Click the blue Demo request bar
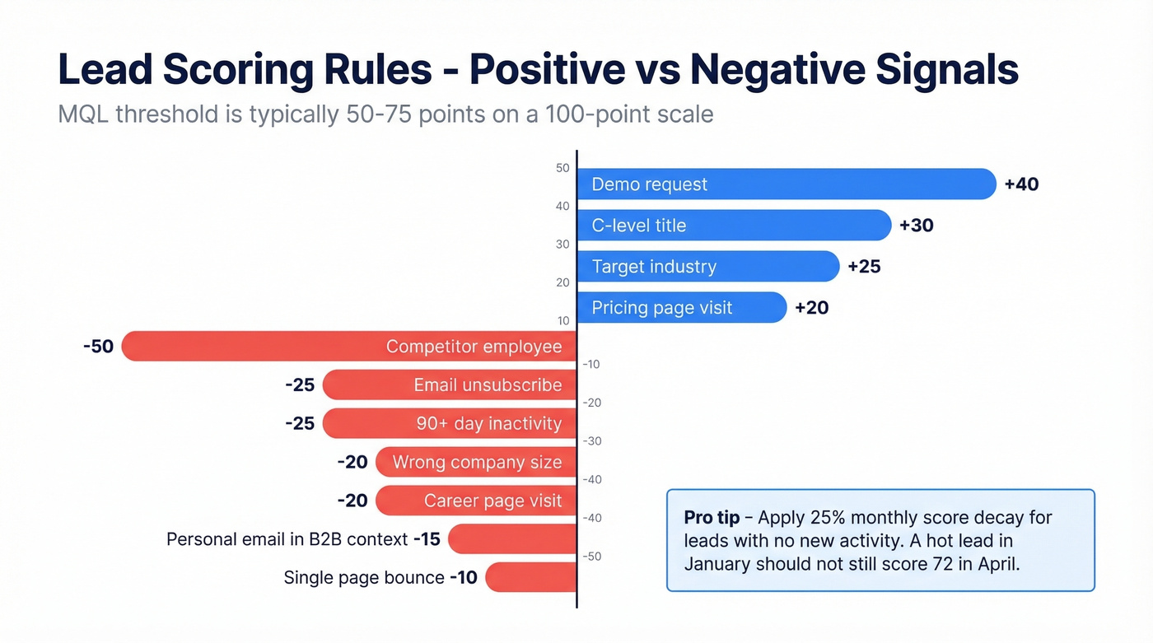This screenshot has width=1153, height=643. click(787, 184)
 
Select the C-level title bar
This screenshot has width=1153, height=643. click(733, 226)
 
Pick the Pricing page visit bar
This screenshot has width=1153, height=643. click(681, 308)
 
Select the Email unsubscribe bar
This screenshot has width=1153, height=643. click(449, 384)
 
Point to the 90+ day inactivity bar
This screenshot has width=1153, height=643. click(449, 423)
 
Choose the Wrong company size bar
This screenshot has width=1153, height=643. click(475, 462)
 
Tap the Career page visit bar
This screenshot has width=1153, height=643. click(475, 501)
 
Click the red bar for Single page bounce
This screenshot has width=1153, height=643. click(530, 577)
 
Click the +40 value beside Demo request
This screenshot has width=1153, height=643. click(1021, 184)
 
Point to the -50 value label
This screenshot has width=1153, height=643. click(98, 347)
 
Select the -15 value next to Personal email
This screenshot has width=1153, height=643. click(427, 539)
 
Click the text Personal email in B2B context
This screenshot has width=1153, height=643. click(287, 539)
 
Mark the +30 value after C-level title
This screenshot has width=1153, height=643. click(916, 226)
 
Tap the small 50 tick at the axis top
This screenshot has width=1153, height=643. click(562, 168)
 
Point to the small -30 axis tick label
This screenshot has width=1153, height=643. click(593, 441)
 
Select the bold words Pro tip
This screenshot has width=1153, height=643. click(710, 518)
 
